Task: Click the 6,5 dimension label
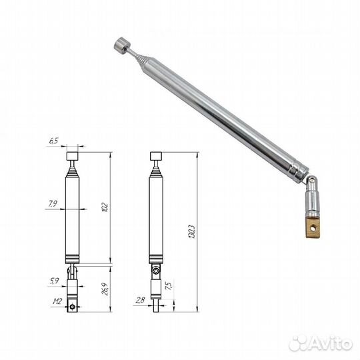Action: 53,141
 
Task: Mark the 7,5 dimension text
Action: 170,286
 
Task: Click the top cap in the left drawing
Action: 73,157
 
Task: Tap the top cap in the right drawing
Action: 155,157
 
